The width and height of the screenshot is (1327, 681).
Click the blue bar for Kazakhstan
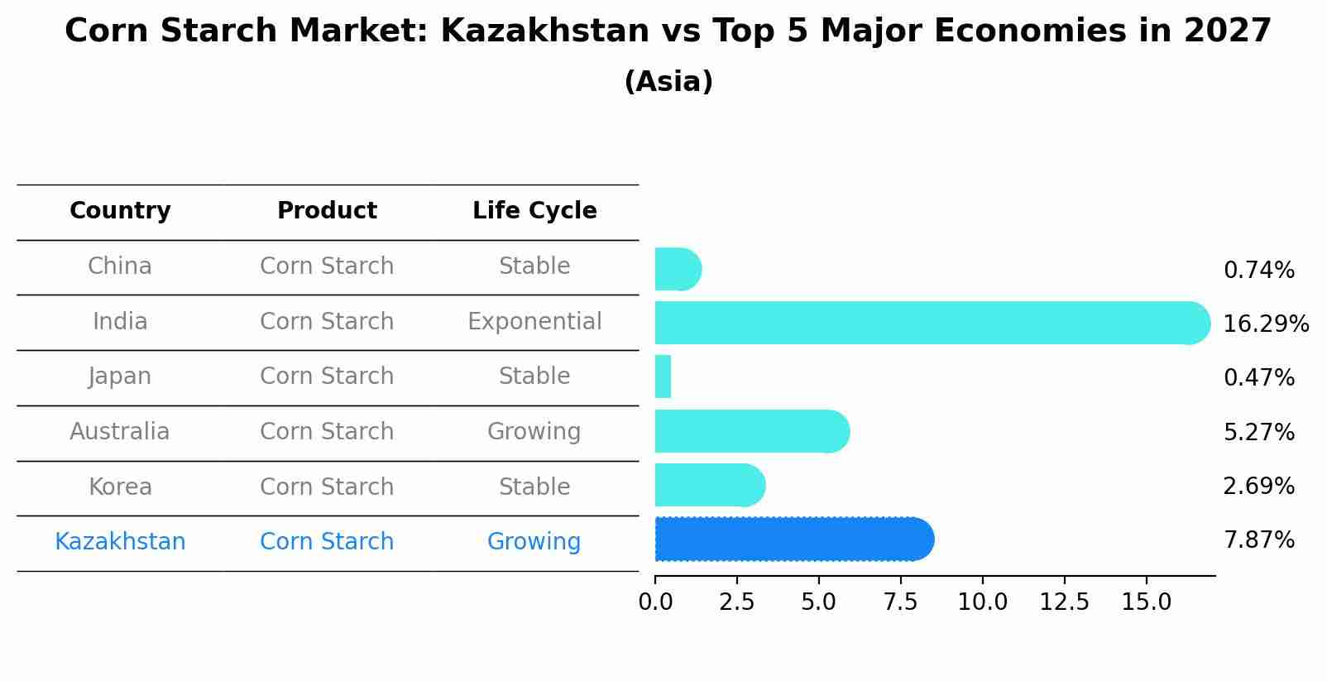point(794,540)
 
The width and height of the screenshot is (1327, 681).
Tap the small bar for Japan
point(663,377)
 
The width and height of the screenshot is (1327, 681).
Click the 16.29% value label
point(1265,324)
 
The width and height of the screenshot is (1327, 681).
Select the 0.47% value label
point(1258,378)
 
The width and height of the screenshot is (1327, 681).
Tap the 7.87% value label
point(1258,540)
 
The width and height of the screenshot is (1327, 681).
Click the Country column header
point(120,211)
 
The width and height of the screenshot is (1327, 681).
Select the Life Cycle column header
point(534,211)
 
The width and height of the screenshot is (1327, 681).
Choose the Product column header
point(327,211)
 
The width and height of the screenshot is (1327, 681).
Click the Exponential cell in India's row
point(534,322)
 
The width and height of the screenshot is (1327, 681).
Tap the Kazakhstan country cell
point(120,542)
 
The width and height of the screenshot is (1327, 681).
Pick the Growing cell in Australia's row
point(534,432)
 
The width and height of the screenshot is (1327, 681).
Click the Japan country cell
point(120,376)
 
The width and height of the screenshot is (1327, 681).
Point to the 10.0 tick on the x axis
point(982,602)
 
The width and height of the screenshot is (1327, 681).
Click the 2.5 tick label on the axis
point(736,602)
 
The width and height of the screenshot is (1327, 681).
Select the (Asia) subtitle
point(668,82)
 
